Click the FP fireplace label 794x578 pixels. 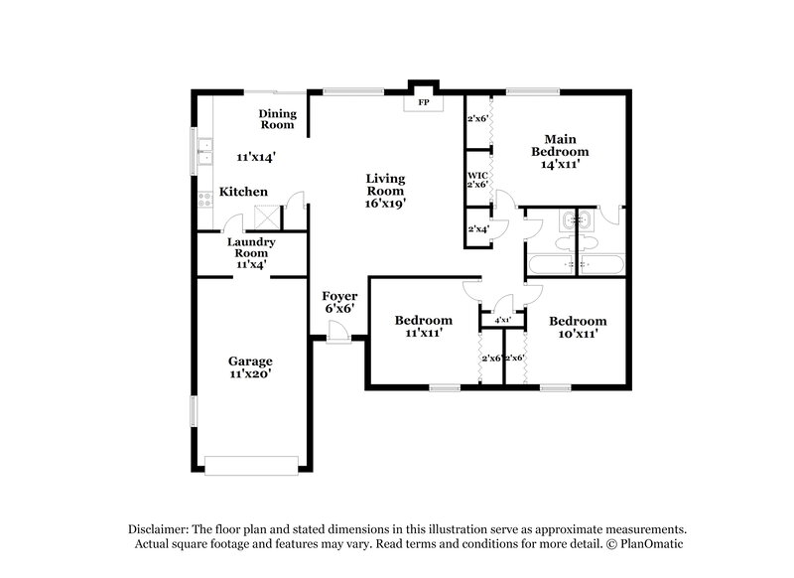coord(422,102)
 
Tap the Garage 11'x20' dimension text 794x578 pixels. coord(250,374)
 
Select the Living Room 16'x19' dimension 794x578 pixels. coord(385,203)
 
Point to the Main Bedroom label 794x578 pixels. coord(560,145)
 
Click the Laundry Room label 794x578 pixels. coord(250,247)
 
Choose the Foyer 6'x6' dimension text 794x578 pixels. coord(339,309)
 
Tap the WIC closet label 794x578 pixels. coord(477,175)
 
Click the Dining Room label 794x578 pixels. coord(277,119)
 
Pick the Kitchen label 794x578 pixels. coord(243,192)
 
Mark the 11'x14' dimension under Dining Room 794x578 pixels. coord(255,157)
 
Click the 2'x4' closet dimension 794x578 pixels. coord(477,229)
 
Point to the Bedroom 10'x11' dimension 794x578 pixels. coord(578,334)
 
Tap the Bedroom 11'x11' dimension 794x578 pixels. coord(423,333)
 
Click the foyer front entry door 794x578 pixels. coord(338,340)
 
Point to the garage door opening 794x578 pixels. coord(250,460)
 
